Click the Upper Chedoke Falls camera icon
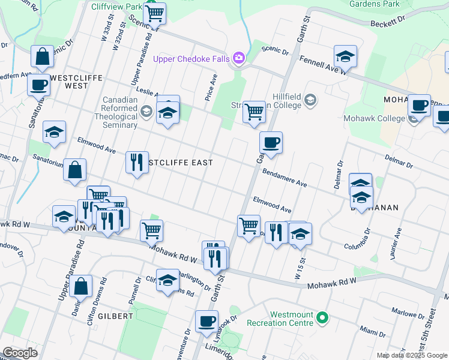point(239,58)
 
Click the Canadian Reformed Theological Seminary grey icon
point(146,110)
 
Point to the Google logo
point(19,353)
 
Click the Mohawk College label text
point(374,118)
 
